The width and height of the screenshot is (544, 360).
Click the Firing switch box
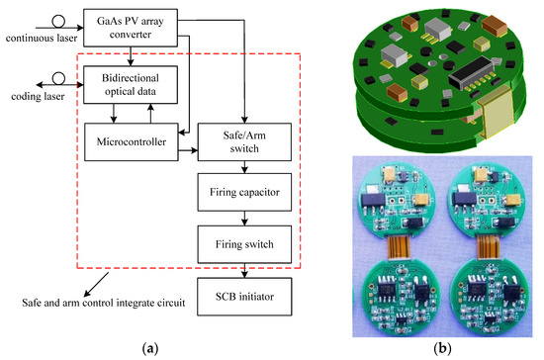pos(243,241)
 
